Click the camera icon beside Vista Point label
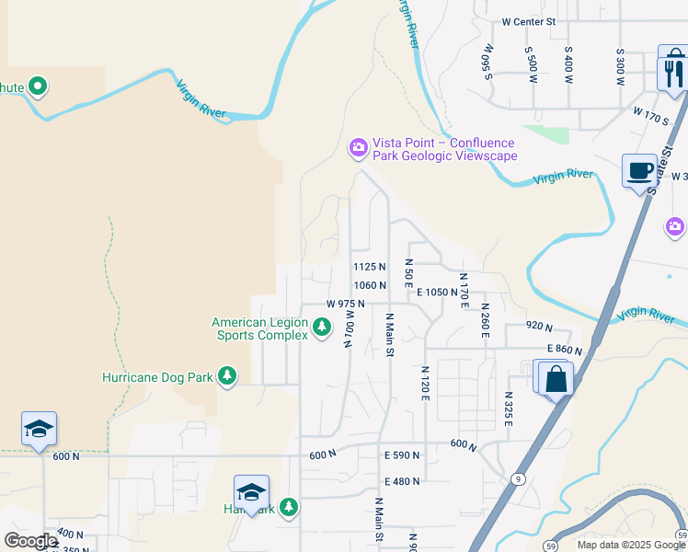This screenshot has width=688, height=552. click(x=358, y=147)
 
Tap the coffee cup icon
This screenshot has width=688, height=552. click(x=639, y=171)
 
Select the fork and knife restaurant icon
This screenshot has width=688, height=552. click(x=673, y=69)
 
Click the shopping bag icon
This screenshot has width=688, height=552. click(x=556, y=379)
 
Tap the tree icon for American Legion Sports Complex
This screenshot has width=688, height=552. click(x=321, y=327)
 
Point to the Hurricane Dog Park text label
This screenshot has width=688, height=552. click(x=156, y=377)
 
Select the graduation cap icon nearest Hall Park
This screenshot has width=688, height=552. click(x=251, y=492)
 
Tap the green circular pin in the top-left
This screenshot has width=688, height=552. click(x=38, y=87)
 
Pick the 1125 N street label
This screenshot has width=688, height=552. click(x=370, y=267)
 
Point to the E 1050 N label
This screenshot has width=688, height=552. click(x=437, y=292)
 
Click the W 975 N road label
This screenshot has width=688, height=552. click(x=346, y=304)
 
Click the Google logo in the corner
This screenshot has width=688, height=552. click(x=30, y=541)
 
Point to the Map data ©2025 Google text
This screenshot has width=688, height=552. click(x=630, y=545)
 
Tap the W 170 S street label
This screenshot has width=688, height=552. click(x=650, y=114)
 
